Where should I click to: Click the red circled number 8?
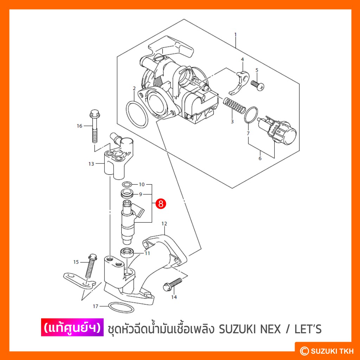tap(161, 204)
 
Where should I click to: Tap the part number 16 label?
tap(79, 126)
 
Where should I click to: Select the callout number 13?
tap(91, 164)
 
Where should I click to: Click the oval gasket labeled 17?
tap(121, 307)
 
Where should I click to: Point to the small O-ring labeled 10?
tap(127, 184)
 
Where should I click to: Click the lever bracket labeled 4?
tap(239, 83)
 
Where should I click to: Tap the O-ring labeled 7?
tap(251, 115)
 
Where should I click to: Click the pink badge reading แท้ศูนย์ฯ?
tap(72, 327)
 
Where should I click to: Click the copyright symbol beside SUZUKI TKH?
tap(304, 351)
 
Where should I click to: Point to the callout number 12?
tap(164, 223)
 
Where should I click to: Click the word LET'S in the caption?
tap(308, 329)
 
